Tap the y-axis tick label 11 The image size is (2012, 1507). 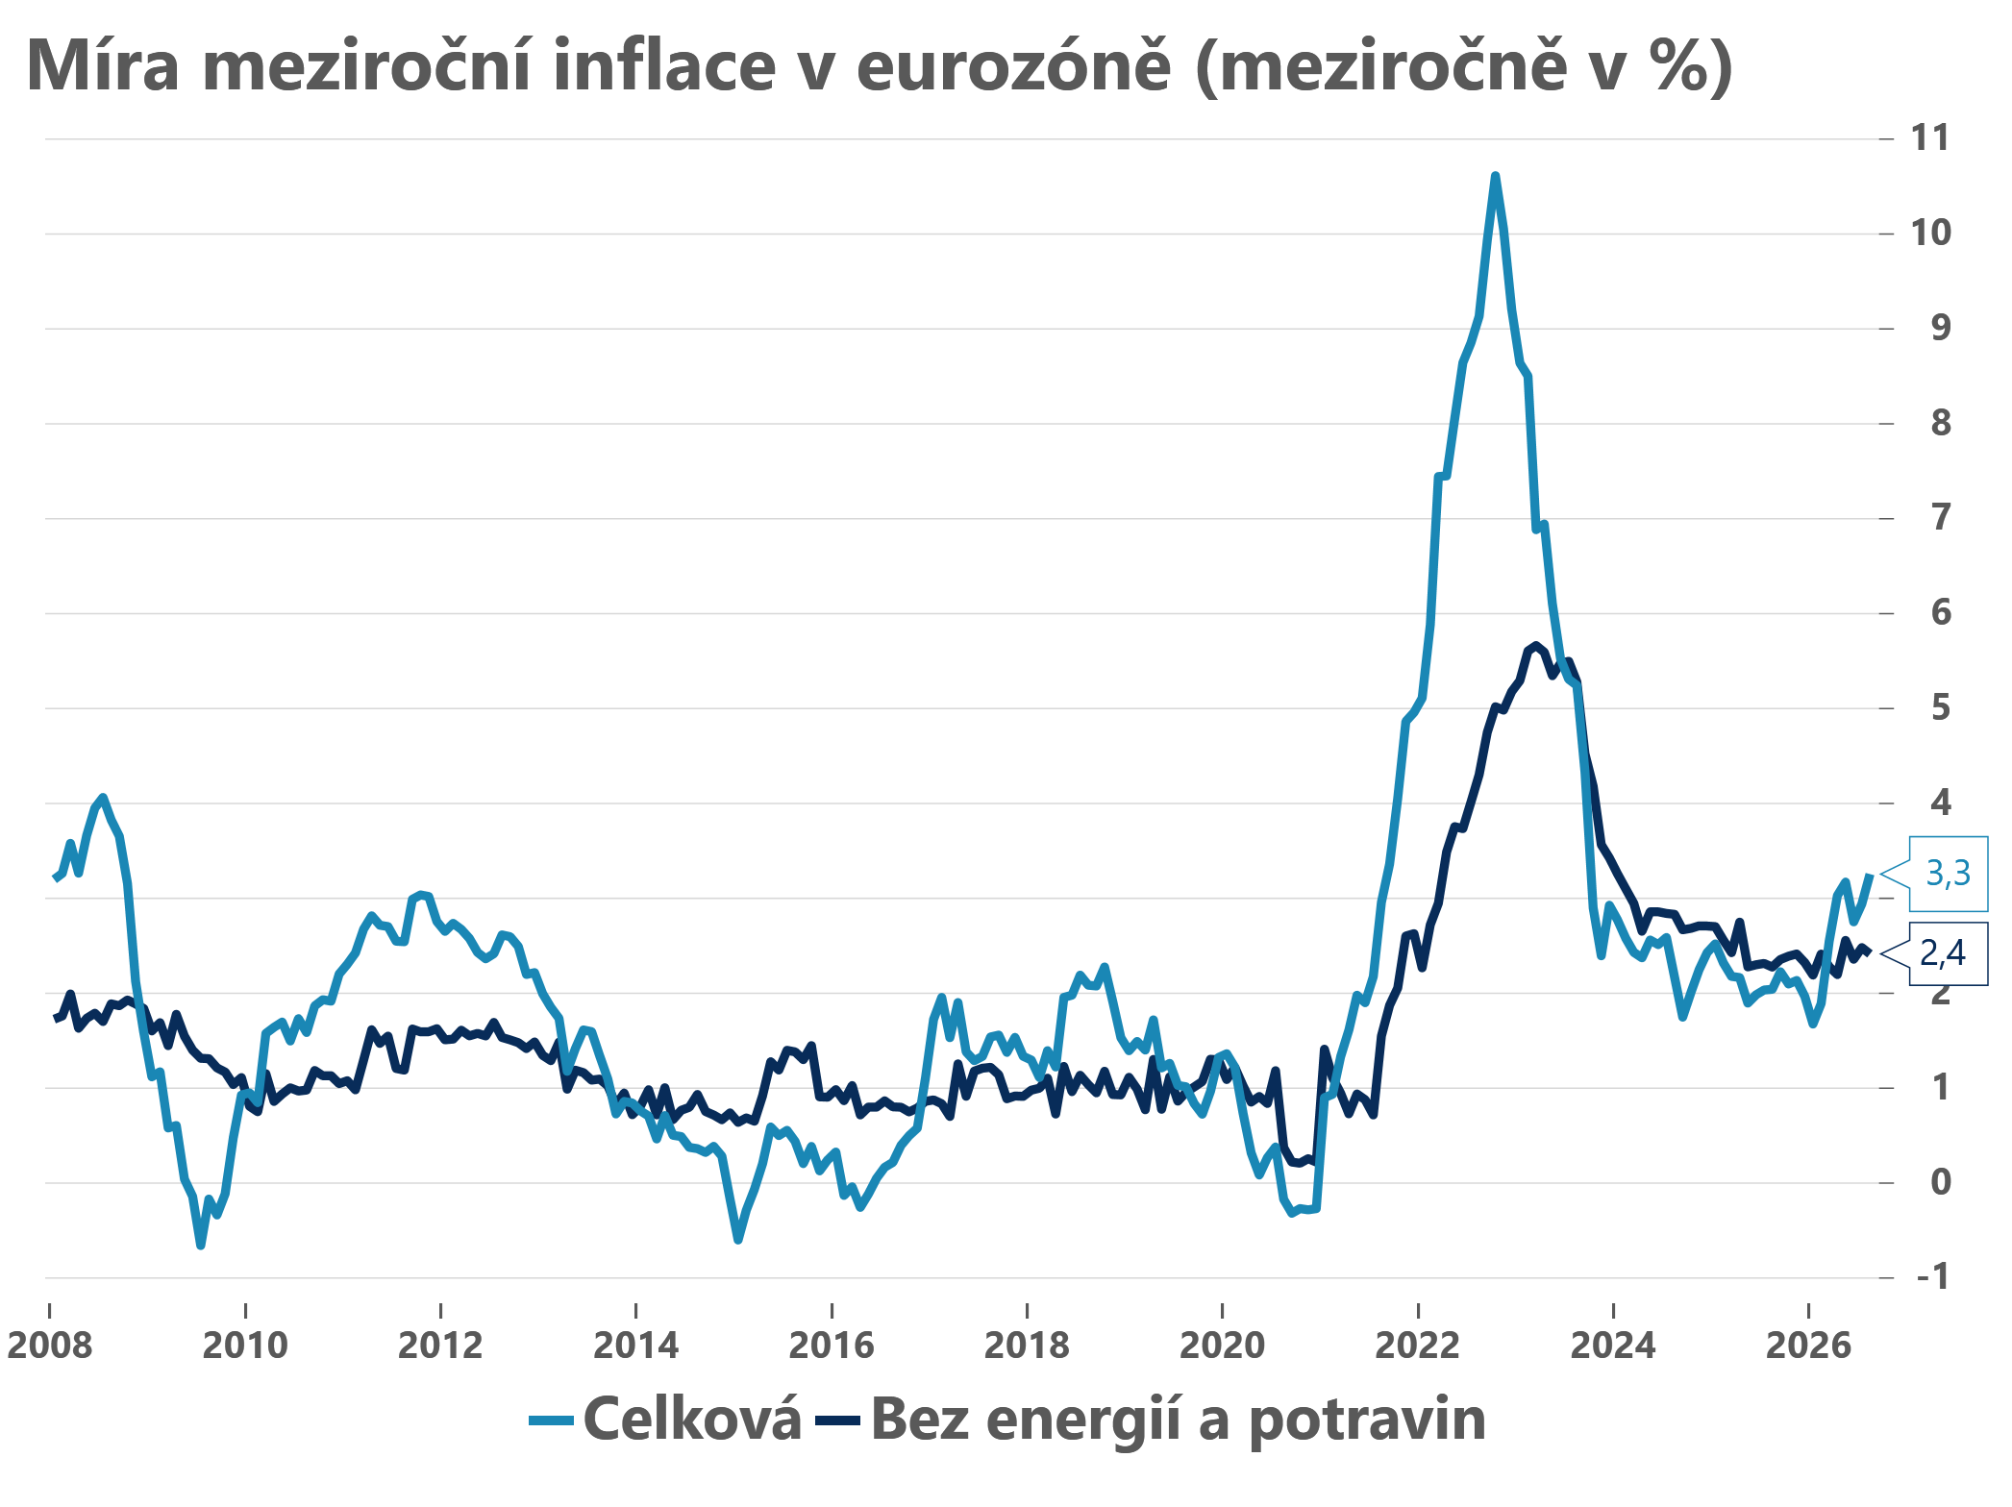click(x=1930, y=138)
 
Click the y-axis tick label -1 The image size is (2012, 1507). click(x=1933, y=1277)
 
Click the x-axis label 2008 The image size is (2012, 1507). click(x=50, y=1346)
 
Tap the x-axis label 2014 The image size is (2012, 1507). click(x=635, y=1346)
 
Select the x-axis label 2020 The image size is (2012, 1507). click(x=1222, y=1346)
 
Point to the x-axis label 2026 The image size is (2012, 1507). click(x=1808, y=1346)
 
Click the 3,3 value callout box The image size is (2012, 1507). click(x=1948, y=874)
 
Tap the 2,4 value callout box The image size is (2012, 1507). click(x=1948, y=953)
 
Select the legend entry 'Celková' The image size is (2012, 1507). click(x=665, y=1420)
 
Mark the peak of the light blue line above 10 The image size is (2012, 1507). click(x=1495, y=176)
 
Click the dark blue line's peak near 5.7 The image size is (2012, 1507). click(x=1535, y=645)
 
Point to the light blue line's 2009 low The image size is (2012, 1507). click(x=200, y=1246)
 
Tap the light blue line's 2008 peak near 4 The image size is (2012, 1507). click(x=103, y=798)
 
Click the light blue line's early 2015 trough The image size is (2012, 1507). click(x=737, y=1240)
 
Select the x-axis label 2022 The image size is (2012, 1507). click(x=1417, y=1346)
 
